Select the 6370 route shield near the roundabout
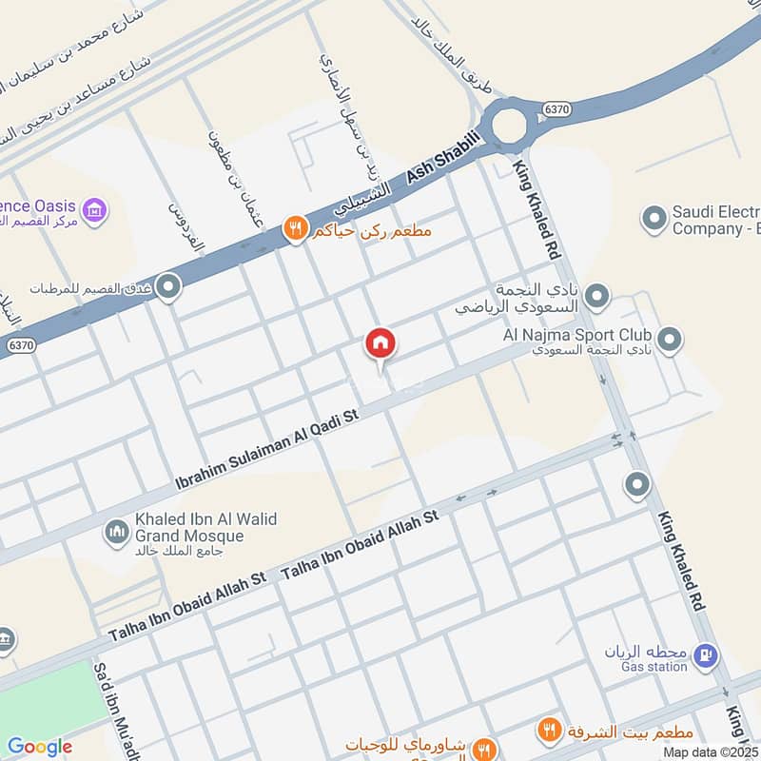point(556,110)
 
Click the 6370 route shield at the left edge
point(22,345)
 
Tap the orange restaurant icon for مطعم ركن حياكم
point(295,229)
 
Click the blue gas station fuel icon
point(705,654)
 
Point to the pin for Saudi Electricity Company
point(653,220)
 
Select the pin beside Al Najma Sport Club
point(670,340)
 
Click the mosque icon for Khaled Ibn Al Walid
point(117,529)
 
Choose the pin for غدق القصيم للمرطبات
point(168,286)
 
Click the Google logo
point(39,747)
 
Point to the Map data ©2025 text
point(710,751)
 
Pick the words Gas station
point(654,667)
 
